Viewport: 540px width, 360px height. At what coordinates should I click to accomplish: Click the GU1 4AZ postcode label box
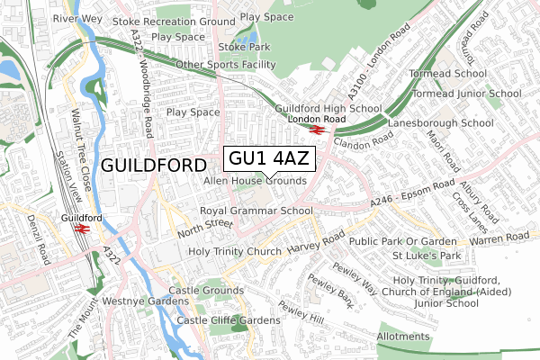point(268,159)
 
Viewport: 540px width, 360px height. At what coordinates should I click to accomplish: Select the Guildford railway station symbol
point(82,229)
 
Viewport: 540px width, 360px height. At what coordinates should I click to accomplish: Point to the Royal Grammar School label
point(256,211)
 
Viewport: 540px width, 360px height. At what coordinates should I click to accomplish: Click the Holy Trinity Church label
point(235,251)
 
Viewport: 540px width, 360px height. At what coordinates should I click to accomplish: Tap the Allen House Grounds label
point(256,181)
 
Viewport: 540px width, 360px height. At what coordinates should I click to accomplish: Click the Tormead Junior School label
point(466,93)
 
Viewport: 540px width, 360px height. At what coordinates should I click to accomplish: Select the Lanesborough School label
point(440,122)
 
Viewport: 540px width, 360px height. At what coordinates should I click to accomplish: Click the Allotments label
point(404,336)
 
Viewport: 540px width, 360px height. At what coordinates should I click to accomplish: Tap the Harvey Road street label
point(317,238)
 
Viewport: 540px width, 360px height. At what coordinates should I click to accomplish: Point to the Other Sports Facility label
point(226,65)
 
